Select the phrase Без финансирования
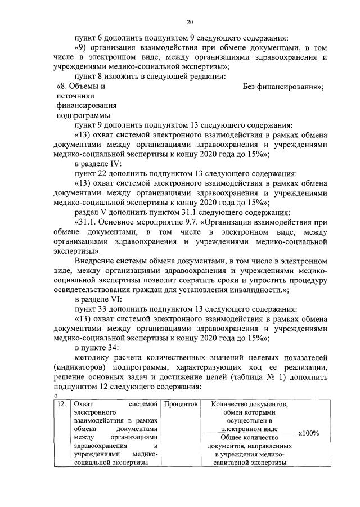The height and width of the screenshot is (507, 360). (282, 87)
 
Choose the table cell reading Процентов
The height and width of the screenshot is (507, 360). (181, 404)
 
